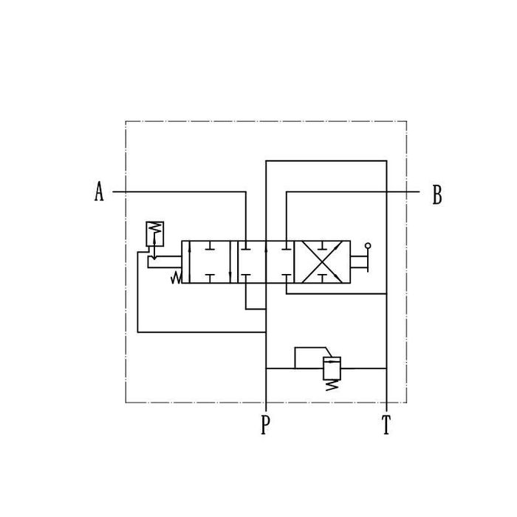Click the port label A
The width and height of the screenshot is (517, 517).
99,191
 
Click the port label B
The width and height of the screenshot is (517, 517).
437,194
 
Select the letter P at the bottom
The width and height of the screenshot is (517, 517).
265,425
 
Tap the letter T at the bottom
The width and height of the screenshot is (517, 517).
386,425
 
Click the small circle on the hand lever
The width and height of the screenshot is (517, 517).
368,246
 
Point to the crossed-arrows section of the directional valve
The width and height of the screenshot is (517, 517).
322,261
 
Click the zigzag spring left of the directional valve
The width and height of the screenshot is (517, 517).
176,277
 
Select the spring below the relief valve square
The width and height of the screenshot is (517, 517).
332,385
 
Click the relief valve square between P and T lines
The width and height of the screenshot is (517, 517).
332,368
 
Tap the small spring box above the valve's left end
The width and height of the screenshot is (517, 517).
154,234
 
